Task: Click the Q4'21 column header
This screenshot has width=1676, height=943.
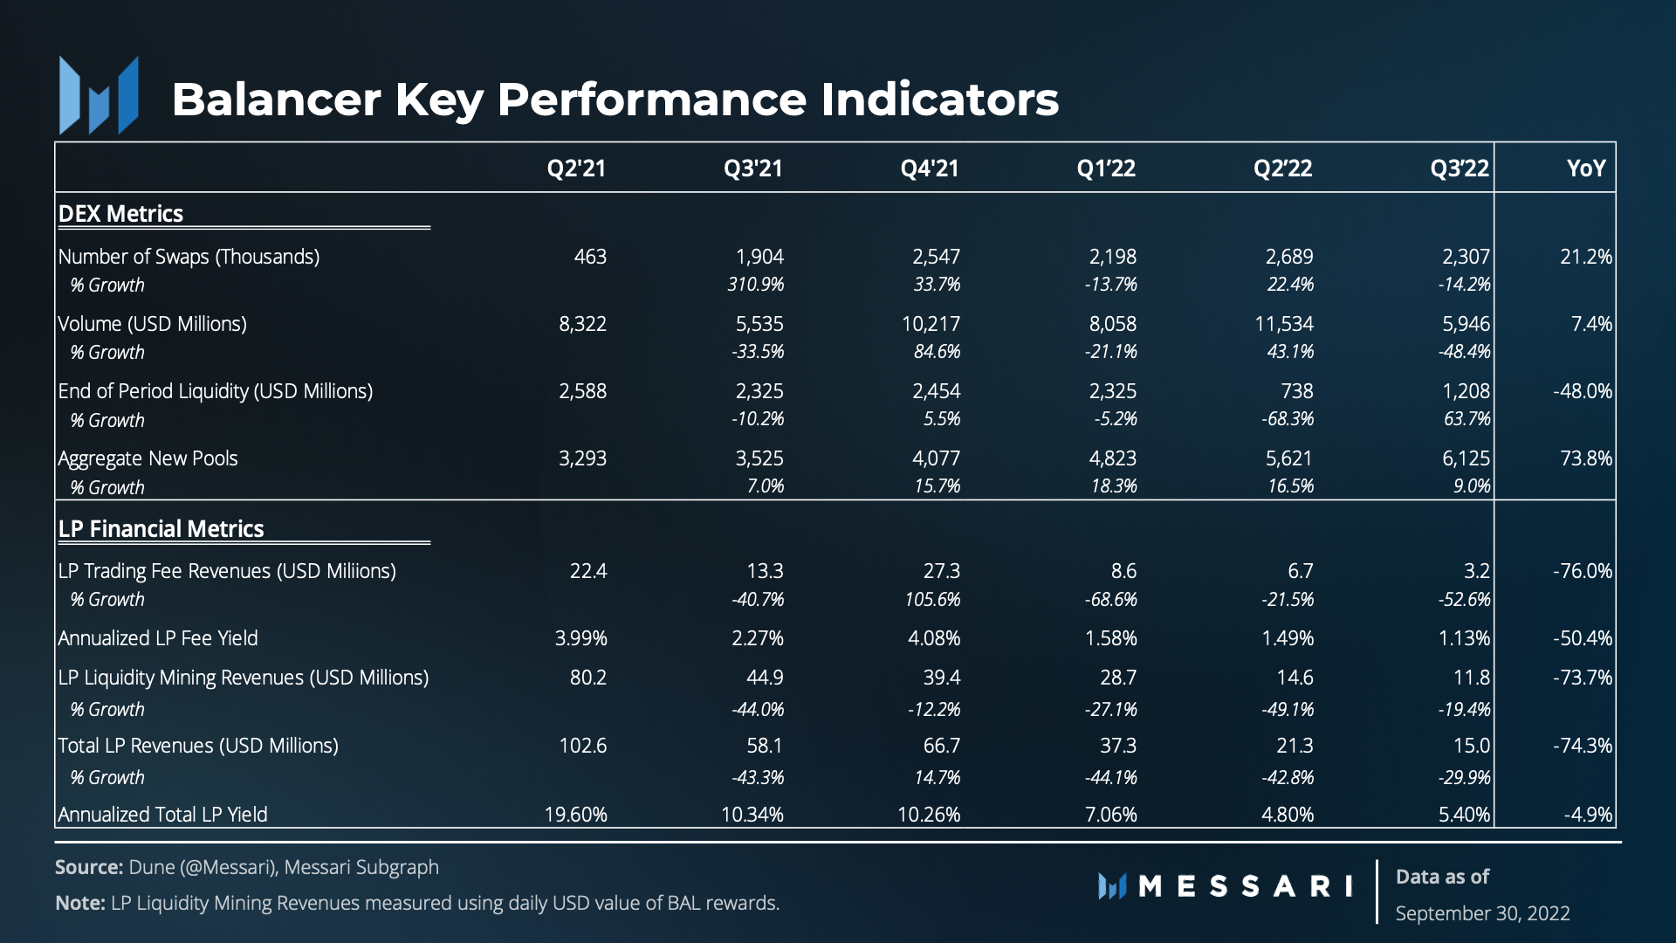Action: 930,168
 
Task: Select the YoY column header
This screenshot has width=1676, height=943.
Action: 1585,168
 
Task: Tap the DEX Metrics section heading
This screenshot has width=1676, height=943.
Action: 120,214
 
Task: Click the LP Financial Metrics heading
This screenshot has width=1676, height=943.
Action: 161,529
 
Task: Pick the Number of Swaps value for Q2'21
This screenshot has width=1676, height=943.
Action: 590,257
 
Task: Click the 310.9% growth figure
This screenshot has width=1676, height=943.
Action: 755,285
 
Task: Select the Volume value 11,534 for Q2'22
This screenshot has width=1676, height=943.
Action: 1283,324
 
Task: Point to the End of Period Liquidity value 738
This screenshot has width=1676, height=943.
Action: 1296,391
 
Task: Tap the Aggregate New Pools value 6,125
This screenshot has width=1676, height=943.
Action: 1466,458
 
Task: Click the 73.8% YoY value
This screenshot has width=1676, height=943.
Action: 1585,458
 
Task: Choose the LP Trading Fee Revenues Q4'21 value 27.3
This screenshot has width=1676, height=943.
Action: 941,571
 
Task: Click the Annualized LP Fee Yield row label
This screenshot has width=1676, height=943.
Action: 158,638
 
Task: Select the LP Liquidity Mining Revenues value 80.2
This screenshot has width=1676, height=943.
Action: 587,678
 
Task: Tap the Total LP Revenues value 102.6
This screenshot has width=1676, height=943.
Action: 582,746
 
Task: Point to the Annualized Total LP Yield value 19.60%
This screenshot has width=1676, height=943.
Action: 575,815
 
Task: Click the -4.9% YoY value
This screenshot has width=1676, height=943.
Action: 1588,815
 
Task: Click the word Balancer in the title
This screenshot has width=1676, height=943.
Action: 276,100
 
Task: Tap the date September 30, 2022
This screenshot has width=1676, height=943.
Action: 1482,913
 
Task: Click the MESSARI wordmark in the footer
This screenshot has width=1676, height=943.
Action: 1245,887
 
